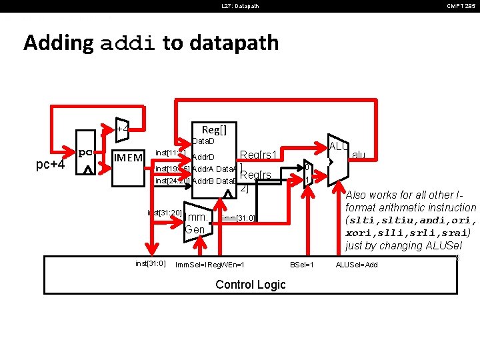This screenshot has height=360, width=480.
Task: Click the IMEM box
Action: coord(127,158)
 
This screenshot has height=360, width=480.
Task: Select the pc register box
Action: coord(85,159)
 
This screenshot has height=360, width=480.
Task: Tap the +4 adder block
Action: coord(123,128)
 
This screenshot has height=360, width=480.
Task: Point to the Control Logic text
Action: coord(251,285)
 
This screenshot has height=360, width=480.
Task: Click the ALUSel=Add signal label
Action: coord(356,265)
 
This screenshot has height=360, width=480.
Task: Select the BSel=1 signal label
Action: coord(302,265)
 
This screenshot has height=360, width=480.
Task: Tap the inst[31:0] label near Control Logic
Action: coord(151,263)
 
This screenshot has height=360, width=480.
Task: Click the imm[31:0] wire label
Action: coord(239,218)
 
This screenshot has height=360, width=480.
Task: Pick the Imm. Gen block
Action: coord(196,223)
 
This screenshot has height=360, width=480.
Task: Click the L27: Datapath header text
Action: coord(240,7)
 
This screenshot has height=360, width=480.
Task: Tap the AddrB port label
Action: coord(203,181)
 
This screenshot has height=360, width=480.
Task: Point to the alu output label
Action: coord(358,155)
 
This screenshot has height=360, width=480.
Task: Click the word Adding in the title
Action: coord(58,43)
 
